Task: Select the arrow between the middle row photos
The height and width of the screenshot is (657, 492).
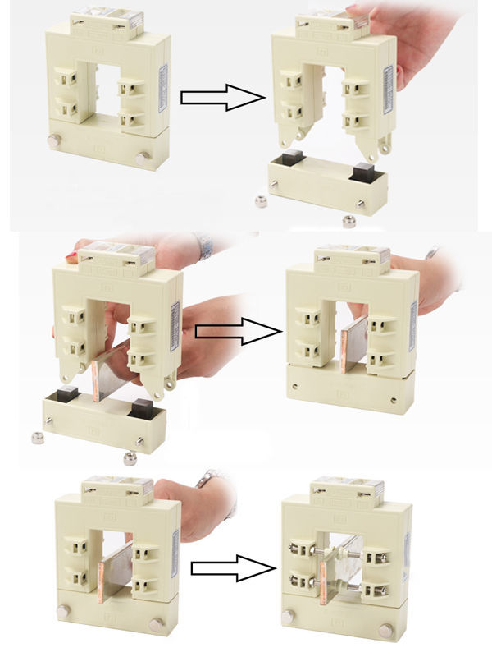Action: tap(238, 332)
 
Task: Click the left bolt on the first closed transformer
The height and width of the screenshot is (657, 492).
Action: tap(54, 141)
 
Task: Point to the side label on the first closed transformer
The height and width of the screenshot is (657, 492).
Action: tap(164, 90)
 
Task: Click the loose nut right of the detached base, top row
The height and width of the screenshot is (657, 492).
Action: tap(348, 220)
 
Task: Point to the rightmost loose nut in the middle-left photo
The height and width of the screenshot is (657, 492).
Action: tap(130, 457)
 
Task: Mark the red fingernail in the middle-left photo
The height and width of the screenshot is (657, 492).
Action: tap(71, 257)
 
